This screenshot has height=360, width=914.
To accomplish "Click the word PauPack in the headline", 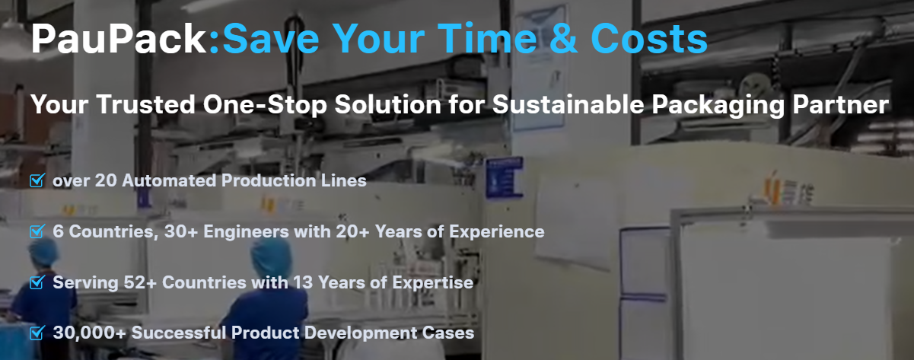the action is click(119, 39).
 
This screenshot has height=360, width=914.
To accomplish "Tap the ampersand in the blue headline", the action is click(563, 38).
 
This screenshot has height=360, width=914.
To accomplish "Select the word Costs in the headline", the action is click(648, 38).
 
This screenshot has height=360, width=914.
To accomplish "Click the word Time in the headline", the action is click(488, 38).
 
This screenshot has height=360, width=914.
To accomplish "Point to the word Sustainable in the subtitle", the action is click(568, 104).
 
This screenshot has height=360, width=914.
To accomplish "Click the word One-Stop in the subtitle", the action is click(265, 104).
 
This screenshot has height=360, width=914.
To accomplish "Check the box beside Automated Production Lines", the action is click(37, 180).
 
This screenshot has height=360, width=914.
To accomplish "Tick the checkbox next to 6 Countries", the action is click(37, 231).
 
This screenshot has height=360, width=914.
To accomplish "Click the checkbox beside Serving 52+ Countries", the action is click(37, 282).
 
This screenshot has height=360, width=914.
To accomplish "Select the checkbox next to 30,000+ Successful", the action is click(37, 333).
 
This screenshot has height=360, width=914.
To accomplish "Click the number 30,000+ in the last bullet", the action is click(89, 333).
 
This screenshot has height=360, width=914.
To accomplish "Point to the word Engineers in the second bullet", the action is click(246, 232).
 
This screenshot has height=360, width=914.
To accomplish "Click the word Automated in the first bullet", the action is click(169, 181).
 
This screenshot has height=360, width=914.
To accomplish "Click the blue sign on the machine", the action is click(504, 178).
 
